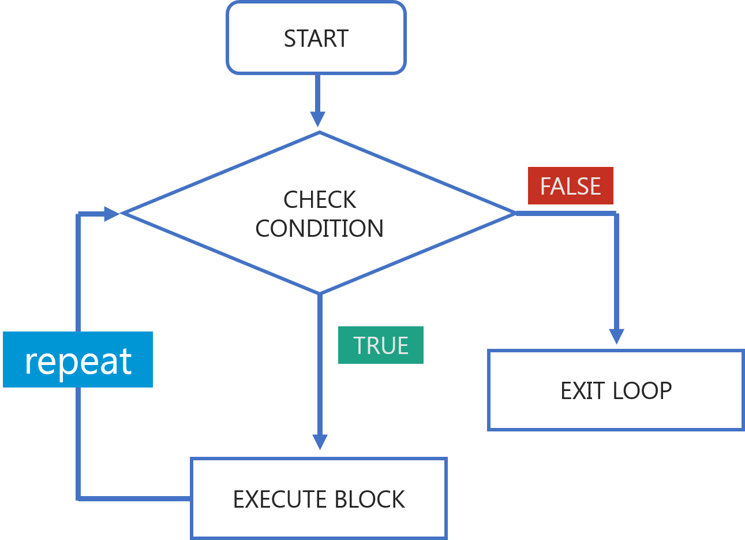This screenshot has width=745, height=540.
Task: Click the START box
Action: point(316,38)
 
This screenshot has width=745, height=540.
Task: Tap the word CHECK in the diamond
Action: point(320,200)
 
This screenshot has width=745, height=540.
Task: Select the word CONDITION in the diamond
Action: point(320,229)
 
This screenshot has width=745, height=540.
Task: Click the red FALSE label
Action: point(571,186)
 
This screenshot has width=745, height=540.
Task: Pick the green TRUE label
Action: point(381,345)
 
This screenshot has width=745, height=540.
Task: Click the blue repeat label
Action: point(78,360)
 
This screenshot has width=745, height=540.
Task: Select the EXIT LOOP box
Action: point(616,390)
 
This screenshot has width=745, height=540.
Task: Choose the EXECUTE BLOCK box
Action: point(319,499)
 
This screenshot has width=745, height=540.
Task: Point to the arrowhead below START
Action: point(317,118)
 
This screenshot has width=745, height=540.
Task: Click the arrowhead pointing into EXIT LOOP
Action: point(616,336)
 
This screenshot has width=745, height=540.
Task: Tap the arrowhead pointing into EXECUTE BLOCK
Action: point(319,442)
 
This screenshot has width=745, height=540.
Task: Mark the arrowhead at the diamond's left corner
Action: point(111,213)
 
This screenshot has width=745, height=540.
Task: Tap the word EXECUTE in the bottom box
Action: point(279,500)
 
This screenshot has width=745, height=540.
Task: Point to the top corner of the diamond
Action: point(319,132)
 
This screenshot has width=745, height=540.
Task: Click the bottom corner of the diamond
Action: point(319,293)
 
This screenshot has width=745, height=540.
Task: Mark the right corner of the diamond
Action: point(514,213)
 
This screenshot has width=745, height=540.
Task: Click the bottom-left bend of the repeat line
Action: point(78,498)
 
